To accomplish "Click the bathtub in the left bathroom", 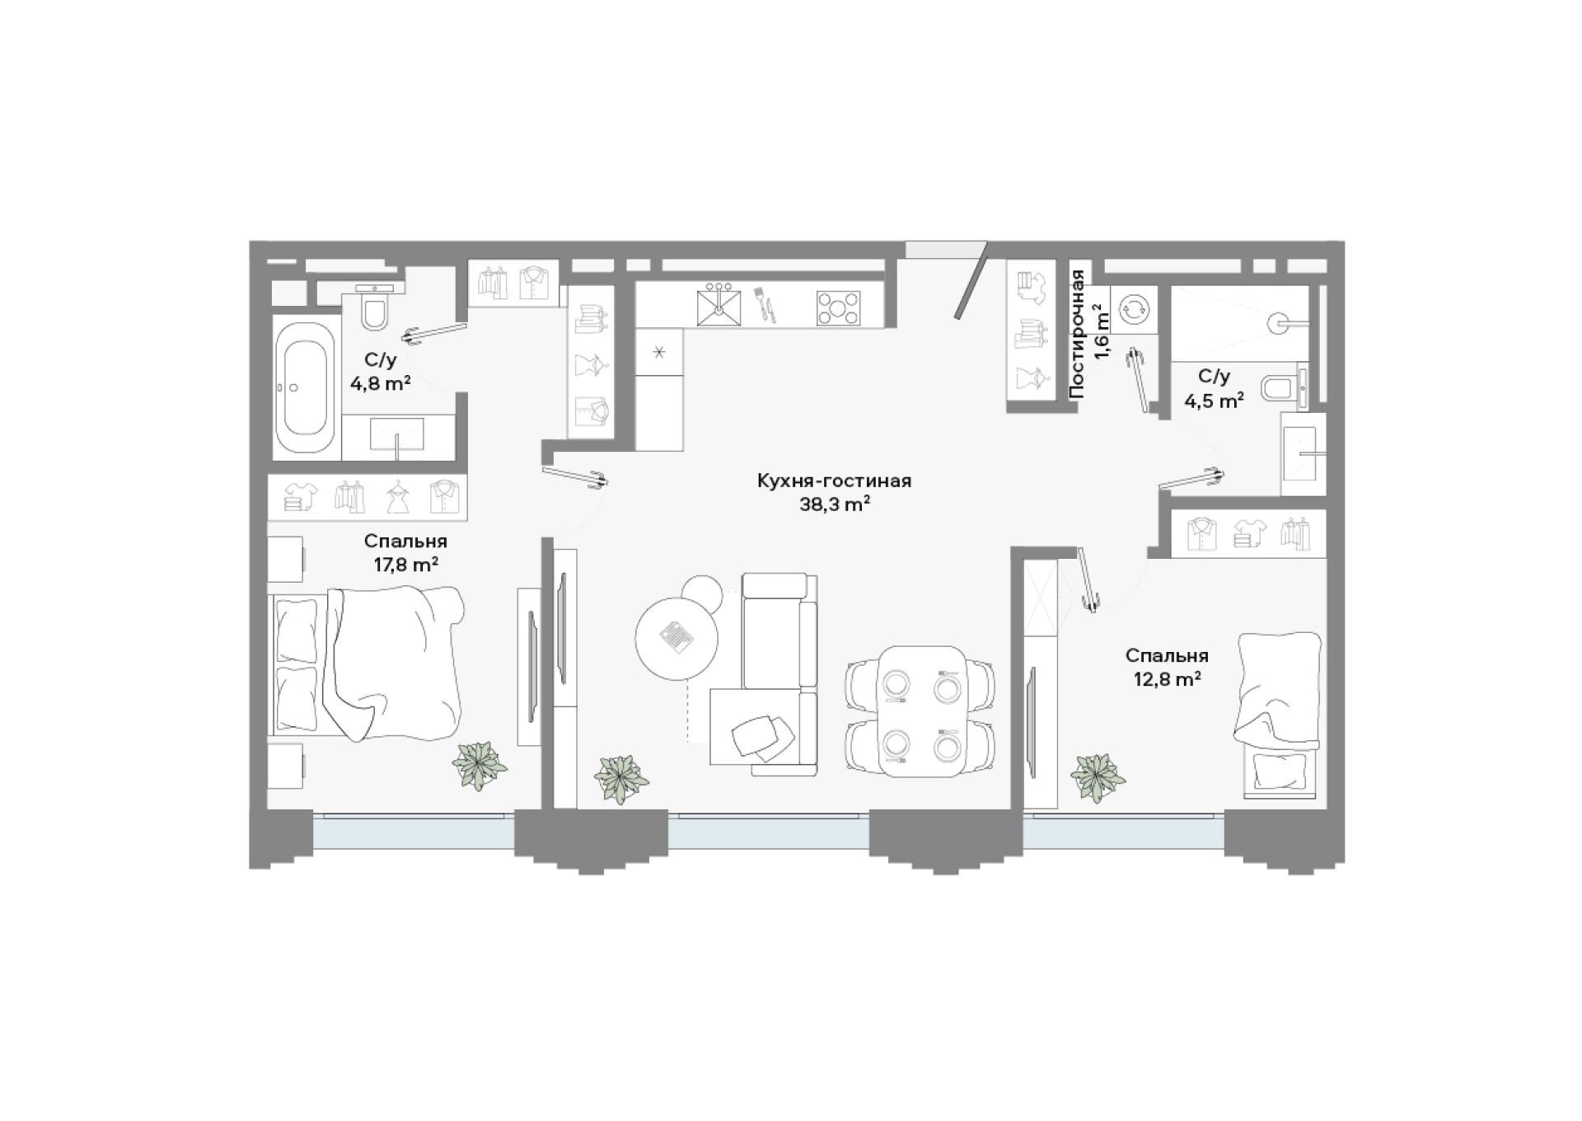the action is click(304, 387).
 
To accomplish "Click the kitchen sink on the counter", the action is click(719, 305).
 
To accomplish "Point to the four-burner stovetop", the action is click(838, 308).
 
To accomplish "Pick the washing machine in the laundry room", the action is click(1134, 309).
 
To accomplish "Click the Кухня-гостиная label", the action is click(834, 481).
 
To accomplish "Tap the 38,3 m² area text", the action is click(835, 504).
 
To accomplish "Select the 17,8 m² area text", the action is click(405, 565).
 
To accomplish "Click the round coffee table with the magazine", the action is click(676, 638).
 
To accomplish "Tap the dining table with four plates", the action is click(920, 711).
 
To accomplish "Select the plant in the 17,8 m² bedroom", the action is click(480, 766).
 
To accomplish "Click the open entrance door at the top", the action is click(971, 280).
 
